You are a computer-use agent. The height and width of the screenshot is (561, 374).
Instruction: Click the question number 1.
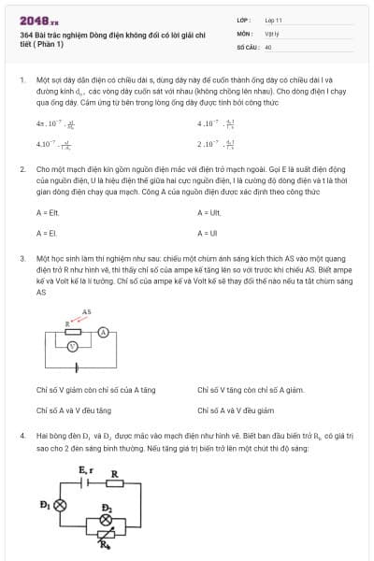pos(22,81)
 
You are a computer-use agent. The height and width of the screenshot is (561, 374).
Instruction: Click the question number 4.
pos(22,436)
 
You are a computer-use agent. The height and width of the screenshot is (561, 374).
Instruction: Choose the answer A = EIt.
pos(48,213)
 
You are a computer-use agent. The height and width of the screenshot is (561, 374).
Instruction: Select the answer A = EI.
pos(46,233)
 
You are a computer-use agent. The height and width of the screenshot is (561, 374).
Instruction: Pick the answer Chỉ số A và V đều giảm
pos(236,410)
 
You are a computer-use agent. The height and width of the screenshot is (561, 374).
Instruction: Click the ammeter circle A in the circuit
pos(106,331)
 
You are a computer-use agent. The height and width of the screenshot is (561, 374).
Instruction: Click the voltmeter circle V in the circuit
pos(71,346)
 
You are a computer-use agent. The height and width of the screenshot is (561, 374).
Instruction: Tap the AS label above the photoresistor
pos(86,311)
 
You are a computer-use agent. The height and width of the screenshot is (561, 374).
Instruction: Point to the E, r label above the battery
pos(85,468)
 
